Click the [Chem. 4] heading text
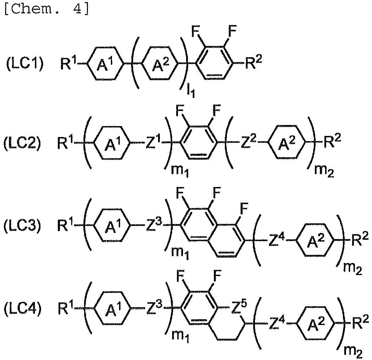pyautogui.click(x=47, y=10)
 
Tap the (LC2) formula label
pyautogui.click(x=22, y=143)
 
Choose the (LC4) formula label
pyautogui.click(x=22, y=309)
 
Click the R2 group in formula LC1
pyautogui.click(x=254, y=62)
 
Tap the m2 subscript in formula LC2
pyautogui.click(x=324, y=171)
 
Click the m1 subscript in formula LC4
pyautogui.click(x=180, y=336)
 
